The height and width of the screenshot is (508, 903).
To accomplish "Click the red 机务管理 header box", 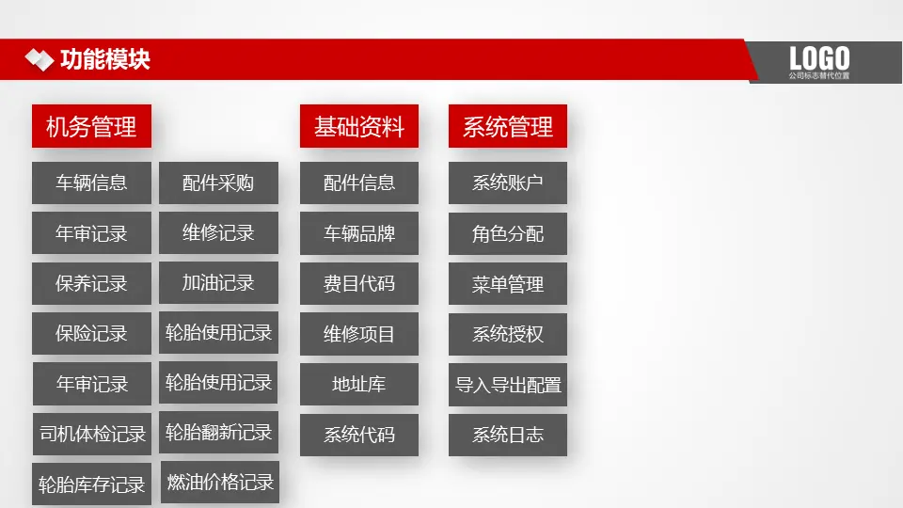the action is [91, 126].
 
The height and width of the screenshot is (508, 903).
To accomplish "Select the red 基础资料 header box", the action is [359, 126].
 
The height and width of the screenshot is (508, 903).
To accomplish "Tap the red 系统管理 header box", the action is [508, 126].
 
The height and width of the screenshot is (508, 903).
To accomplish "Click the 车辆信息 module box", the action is [91, 183].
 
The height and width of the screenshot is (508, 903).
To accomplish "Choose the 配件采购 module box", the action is [219, 183].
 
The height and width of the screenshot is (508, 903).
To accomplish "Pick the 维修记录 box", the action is [219, 232].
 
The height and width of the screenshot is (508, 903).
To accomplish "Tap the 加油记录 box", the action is [219, 283].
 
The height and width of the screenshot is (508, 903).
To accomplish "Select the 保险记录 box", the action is [91, 333].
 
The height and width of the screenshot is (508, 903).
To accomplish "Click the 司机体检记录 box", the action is [92, 434].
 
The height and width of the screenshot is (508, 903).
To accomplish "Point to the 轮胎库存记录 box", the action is [91, 484].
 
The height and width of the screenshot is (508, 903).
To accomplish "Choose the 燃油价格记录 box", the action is [220, 482].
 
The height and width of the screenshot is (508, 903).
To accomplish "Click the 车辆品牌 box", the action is [359, 233].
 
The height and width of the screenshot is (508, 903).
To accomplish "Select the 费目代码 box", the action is [359, 283].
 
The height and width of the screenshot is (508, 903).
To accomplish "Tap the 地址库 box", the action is [359, 384].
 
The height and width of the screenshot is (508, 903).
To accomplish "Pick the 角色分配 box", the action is [508, 233].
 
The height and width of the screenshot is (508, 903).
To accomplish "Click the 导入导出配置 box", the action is [508, 385].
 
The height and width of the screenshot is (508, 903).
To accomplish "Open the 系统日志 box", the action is [508, 435].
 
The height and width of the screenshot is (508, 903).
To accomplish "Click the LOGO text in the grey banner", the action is [819, 58].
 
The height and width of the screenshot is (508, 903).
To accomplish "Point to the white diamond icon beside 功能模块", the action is [40, 60].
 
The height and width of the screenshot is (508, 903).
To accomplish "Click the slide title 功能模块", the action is [105, 59].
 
